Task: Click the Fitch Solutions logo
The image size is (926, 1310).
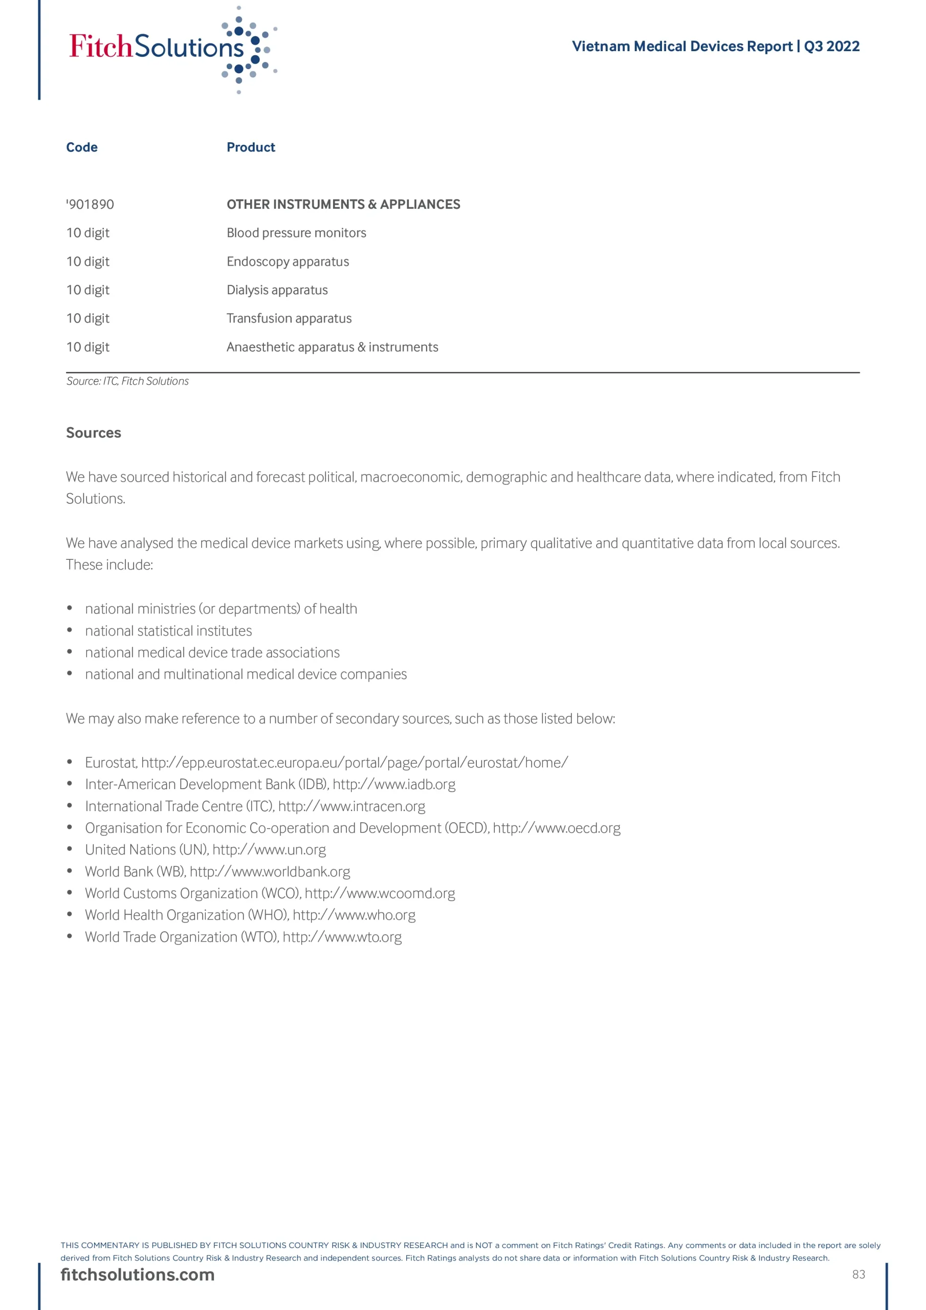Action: coord(171,49)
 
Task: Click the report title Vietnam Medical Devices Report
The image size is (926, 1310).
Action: coord(682,46)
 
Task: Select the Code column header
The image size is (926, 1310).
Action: coord(81,147)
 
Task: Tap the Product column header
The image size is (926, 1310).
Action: coord(251,147)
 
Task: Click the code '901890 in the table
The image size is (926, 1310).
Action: coord(90,204)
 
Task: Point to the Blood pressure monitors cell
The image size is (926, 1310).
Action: coord(296,233)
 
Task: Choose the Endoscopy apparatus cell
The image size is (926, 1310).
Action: coord(288,261)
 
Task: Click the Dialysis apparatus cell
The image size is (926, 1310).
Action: coord(277,290)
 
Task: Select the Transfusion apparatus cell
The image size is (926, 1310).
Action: coord(289,318)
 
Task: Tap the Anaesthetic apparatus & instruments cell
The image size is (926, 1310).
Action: coord(332,347)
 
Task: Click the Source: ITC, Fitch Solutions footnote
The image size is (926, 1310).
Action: coord(127,381)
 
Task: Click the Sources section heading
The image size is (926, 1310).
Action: coord(94,432)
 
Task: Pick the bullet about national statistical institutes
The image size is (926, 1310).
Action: coord(168,630)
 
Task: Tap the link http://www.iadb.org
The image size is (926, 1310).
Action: coord(394,784)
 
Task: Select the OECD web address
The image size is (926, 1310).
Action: coord(556,828)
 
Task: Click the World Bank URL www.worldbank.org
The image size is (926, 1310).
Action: coord(270,871)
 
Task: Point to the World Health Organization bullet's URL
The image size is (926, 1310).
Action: coord(354,914)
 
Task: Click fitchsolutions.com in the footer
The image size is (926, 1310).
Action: coord(138,1275)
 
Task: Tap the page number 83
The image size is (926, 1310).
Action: coord(858,1275)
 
